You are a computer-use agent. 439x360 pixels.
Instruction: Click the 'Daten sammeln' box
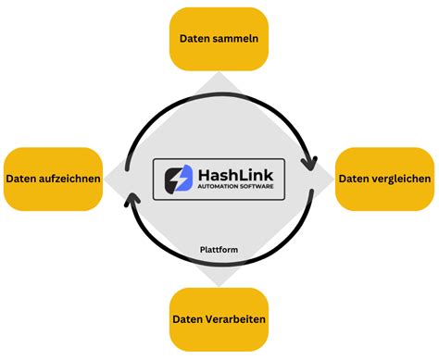tap(219, 39)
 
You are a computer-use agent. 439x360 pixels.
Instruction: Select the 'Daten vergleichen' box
tap(383, 178)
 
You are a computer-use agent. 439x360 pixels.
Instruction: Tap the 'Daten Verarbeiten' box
tap(219, 319)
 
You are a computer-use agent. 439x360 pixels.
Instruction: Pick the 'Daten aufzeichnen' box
tap(53, 179)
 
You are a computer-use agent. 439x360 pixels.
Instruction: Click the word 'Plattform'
tap(219, 249)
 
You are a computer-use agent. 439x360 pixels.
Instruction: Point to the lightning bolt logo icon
tap(176, 179)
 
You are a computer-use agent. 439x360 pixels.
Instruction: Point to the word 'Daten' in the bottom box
tap(188, 319)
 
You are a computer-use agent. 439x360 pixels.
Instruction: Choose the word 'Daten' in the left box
tap(21, 179)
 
